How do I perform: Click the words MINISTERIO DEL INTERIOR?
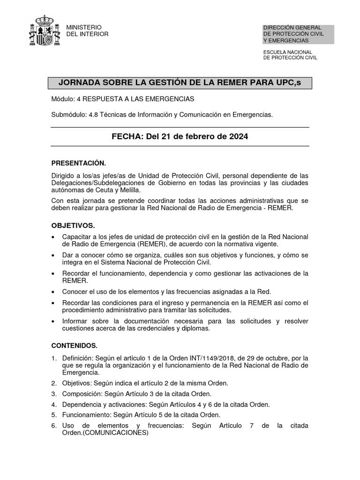[88, 31]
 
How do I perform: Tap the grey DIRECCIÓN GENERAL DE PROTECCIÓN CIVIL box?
[299, 34]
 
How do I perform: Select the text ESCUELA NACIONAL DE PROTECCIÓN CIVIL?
[290, 55]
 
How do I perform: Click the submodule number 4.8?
[93, 114]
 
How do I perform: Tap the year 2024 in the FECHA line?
[239, 137]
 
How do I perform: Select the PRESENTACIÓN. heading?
[79, 163]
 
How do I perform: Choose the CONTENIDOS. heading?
[75, 345]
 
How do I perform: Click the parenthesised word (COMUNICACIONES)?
[115, 433]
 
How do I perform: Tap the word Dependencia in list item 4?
[80, 405]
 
